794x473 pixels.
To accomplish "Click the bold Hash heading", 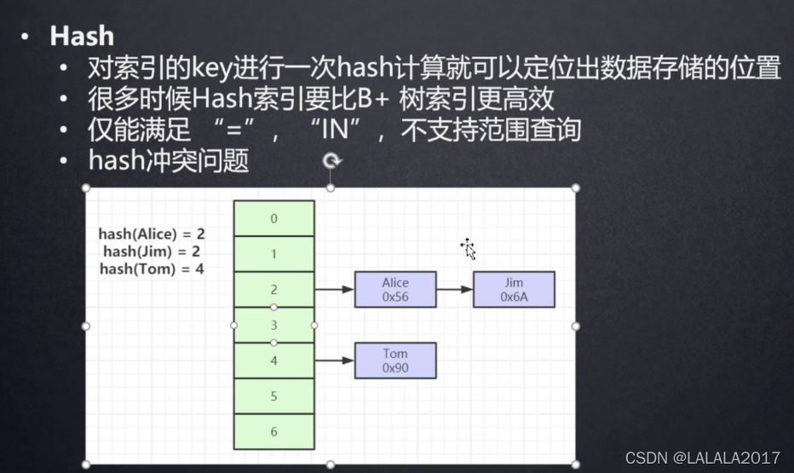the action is click(x=82, y=36).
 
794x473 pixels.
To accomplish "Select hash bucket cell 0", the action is click(x=273, y=218).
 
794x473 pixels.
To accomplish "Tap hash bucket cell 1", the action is click(x=273, y=254).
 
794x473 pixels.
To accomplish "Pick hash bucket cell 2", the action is click(x=273, y=290).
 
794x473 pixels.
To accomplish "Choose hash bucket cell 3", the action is click(x=273, y=326).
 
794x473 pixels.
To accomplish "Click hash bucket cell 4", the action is click(x=273, y=361).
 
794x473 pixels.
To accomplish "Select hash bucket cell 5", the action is click(x=273, y=396).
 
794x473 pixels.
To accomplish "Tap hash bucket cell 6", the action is click(x=273, y=432).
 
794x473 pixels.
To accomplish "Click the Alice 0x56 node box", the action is click(x=395, y=290).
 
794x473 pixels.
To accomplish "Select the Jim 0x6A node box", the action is click(x=514, y=290).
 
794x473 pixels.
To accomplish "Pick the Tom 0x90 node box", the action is click(x=395, y=361).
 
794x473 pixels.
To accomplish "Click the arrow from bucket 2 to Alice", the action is click(x=335, y=290).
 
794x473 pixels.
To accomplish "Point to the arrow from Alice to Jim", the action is click(x=454, y=290).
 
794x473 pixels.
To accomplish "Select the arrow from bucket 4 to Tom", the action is click(x=335, y=361).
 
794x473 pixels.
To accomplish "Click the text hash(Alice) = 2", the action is click(x=152, y=234).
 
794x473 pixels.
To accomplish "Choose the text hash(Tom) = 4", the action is click(x=152, y=268).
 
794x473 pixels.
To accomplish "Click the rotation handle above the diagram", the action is click(x=331, y=160).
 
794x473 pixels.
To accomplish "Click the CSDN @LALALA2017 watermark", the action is click(x=702, y=458).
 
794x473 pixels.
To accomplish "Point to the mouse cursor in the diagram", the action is click(x=468, y=248).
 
